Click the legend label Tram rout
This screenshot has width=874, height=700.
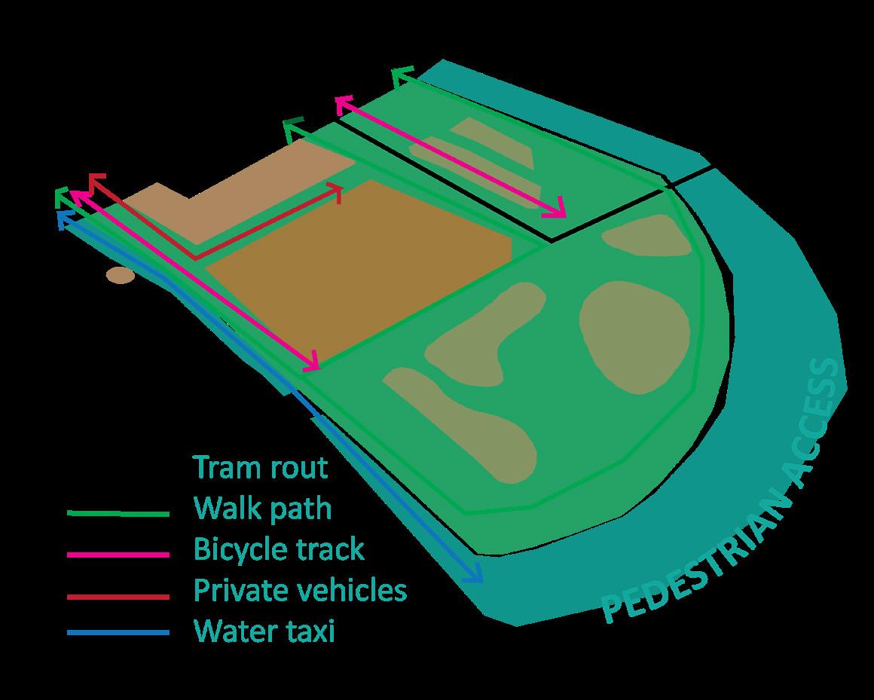(261, 467)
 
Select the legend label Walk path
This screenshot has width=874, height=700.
(262, 508)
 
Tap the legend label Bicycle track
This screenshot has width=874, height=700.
(279, 549)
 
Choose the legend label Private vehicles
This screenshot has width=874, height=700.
(300, 589)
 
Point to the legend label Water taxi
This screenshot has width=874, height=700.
(264, 630)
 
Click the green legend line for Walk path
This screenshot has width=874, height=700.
(118, 514)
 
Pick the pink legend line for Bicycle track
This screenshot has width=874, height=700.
(118, 555)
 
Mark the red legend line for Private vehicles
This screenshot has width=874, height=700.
(118, 596)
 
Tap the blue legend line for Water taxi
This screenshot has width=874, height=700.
(118, 633)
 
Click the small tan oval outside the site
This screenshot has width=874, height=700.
(120, 276)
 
